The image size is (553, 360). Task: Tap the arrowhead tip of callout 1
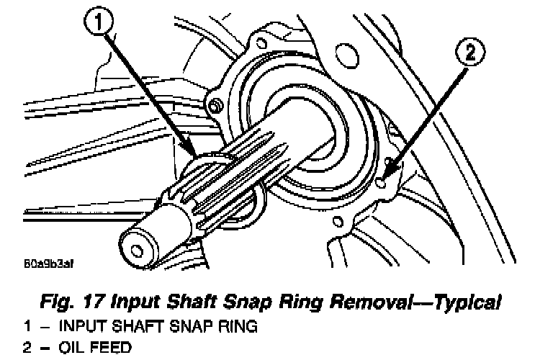click(194, 156)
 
